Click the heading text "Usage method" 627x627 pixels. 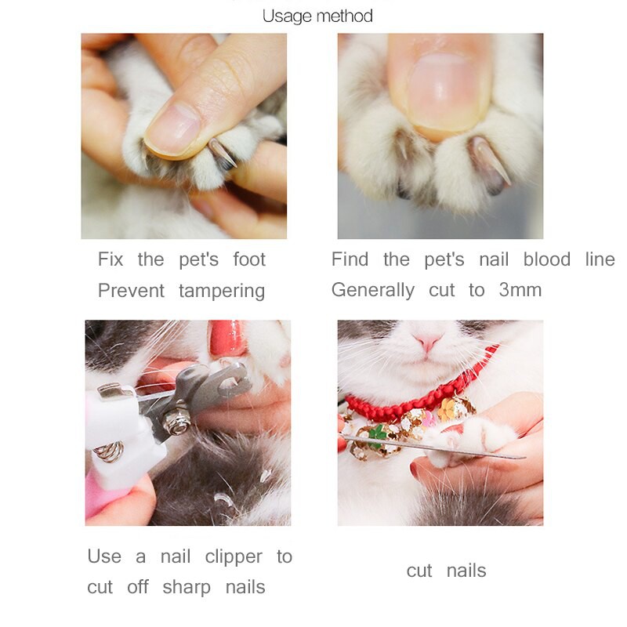tap(317, 16)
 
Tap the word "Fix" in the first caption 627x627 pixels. tap(111, 259)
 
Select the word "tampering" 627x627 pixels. tap(222, 291)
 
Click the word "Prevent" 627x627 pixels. tap(131, 290)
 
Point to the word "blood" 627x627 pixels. tap(547, 259)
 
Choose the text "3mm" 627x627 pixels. tap(520, 290)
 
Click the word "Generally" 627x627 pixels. tap(373, 290)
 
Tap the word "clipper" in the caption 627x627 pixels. tap(234, 557)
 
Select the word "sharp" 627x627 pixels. tap(187, 588)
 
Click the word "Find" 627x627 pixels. tap(350, 259)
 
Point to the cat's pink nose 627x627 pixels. tap(428, 341)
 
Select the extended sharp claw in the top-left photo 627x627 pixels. tap(222, 152)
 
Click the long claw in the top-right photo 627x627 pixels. tap(491, 161)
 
